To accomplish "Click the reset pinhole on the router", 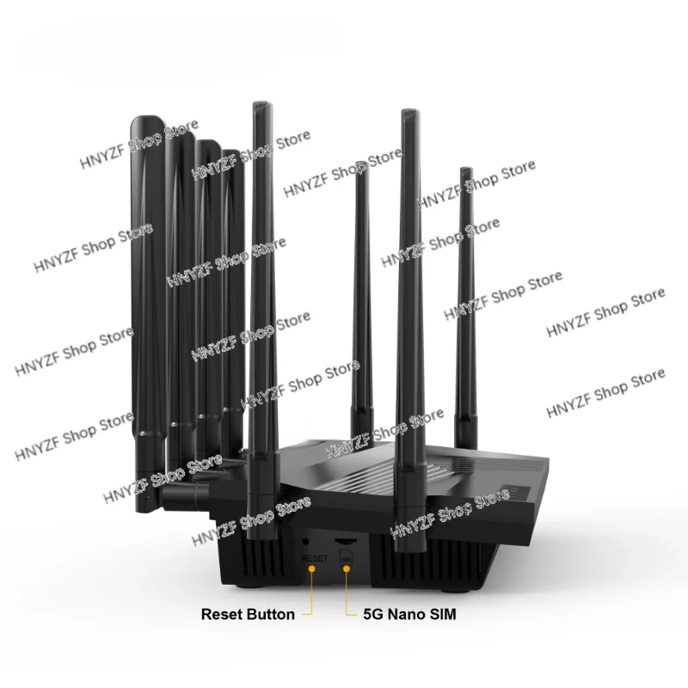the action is (x=307, y=541).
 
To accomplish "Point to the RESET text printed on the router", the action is (x=314, y=559).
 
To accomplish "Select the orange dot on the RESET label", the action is (x=314, y=570).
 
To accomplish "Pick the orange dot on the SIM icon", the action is (x=347, y=570).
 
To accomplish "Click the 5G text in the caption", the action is (x=374, y=615).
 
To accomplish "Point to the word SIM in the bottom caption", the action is (x=455, y=615).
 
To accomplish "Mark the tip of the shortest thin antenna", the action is (x=360, y=175).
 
